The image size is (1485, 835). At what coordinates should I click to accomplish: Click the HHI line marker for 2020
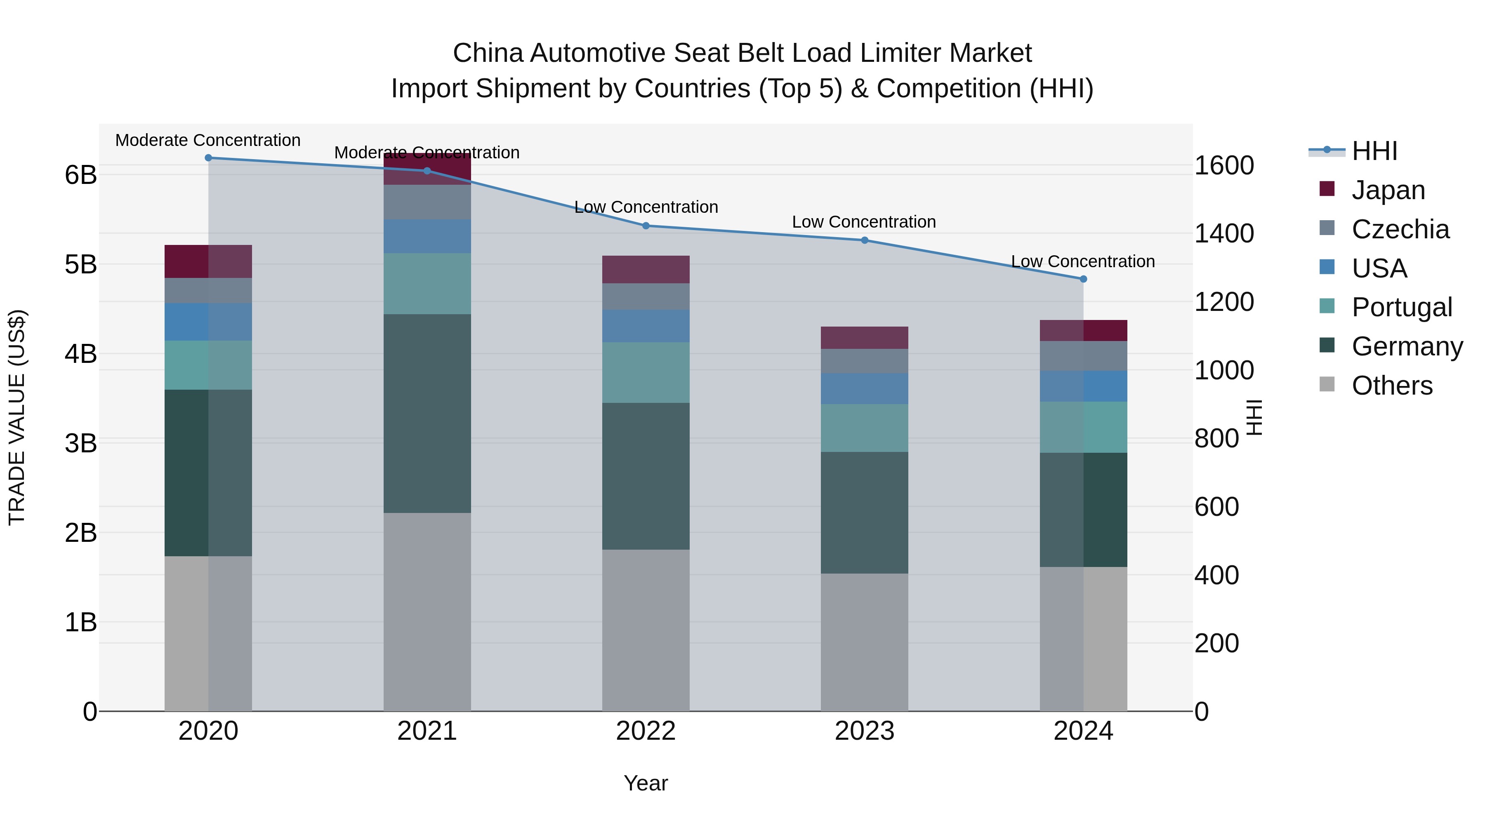click(x=209, y=158)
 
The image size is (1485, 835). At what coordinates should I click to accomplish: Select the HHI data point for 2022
click(x=646, y=226)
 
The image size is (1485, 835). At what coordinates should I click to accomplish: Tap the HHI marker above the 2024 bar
click(x=1083, y=279)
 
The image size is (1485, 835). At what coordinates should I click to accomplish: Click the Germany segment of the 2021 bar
click(x=427, y=413)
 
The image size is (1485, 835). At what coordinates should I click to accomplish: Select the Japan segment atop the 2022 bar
click(x=646, y=269)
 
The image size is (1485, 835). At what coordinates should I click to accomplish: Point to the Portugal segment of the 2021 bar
click(x=427, y=284)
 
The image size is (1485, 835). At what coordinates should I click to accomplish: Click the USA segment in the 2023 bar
click(x=864, y=388)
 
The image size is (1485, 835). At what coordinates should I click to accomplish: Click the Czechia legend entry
click(x=1400, y=229)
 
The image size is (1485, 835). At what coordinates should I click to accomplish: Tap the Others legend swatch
click(x=1327, y=384)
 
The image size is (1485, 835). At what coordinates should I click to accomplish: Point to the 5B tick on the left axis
click(x=81, y=264)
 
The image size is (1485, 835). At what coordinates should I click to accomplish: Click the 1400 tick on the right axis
click(x=1223, y=233)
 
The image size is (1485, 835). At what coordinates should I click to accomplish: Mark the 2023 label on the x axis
click(x=864, y=731)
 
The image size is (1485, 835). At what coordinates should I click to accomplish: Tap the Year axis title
click(x=646, y=783)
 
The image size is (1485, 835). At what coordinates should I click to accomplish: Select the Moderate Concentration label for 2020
click(x=208, y=140)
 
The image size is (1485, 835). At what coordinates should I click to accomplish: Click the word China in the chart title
click(x=488, y=53)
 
